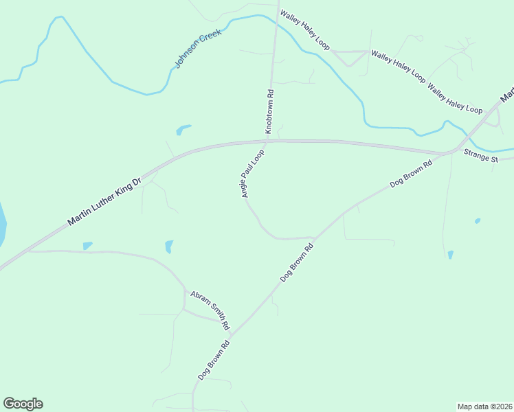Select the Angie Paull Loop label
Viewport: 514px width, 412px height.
pos(253,174)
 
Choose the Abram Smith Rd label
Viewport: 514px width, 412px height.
pos(210,308)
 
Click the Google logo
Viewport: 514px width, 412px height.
pos(23,404)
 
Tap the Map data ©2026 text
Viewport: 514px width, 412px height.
pos(484,407)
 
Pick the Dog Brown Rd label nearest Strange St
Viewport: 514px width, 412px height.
pos(411,174)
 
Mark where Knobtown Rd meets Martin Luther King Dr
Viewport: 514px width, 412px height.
pos(267,142)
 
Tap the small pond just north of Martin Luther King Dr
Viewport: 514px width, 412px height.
pos(183,128)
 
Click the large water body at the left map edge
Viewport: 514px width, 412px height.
pos(2,223)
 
